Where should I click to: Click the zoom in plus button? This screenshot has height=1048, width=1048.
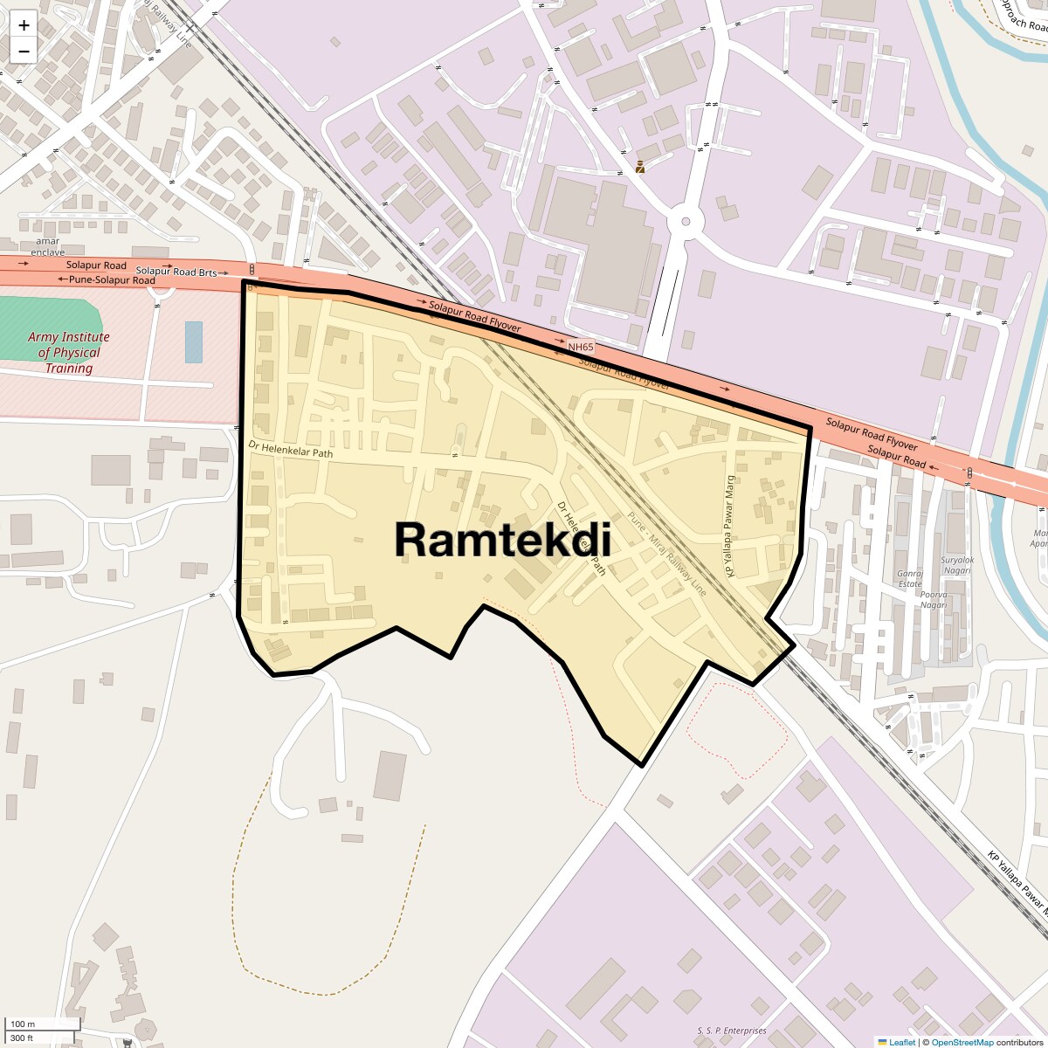(x=24, y=25)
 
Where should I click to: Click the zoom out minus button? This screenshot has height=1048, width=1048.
(x=24, y=52)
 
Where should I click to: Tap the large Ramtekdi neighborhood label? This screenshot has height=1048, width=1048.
(x=502, y=539)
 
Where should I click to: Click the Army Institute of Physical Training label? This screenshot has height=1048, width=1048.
(x=69, y=352)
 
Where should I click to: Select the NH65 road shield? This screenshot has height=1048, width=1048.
(x=581, y=347)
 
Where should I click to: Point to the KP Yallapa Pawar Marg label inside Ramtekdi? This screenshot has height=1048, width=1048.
(x=731, y=526)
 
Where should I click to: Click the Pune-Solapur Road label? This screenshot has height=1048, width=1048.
(x=107, y=279)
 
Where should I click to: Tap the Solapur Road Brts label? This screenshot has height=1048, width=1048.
(x=176, y=272)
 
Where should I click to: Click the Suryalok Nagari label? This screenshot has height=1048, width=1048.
(x=957, y=565)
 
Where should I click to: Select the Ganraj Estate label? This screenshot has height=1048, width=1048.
(x=910, y=579)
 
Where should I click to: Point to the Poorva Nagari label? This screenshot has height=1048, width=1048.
(x=934, y=600)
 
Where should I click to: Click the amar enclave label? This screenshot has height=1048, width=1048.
(x=48, y=246)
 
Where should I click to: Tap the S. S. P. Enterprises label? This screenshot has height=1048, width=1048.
(x=732, y=1031)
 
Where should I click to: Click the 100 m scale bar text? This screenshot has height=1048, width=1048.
(x=24, y=1024)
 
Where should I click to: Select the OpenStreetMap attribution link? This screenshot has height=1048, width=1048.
(x=962, y=1042)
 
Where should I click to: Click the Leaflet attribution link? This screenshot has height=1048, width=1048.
(x=902, y=1042)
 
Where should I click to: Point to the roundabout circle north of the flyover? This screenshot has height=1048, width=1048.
(x=686, y=222)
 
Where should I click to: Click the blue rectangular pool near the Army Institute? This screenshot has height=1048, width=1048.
(x=193, y=342)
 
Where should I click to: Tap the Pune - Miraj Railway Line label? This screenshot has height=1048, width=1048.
(x=666, y=555)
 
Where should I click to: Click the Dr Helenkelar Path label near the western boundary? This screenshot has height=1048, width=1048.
(x=291, y=449)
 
